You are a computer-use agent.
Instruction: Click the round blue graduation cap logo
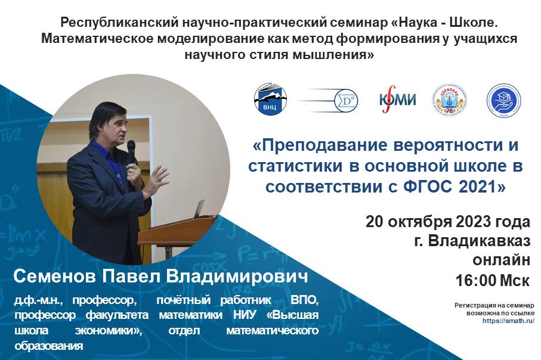(503, 100)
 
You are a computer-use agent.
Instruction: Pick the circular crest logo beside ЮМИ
(449, 100)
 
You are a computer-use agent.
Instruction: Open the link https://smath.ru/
(508, 320)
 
